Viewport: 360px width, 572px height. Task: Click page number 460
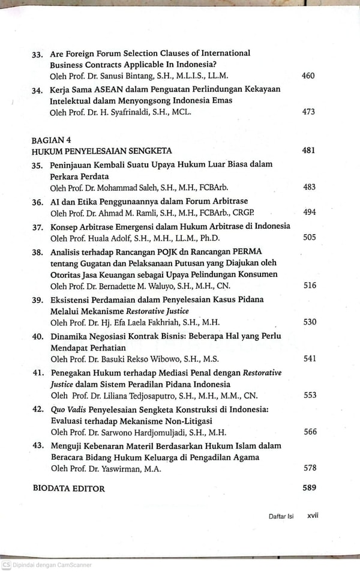[x=308, y=76]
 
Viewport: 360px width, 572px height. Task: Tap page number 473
[x=308, y=112]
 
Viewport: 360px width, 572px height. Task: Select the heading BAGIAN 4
[x=52, y=140]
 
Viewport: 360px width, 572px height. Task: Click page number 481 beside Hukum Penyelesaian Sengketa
[x=308, y=151]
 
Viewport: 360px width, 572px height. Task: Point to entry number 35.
[x=37, y=165]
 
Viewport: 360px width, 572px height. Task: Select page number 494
[x=309, y=212]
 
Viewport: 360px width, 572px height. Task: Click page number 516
[x=309, y=286]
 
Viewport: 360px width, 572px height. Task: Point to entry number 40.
[x=37, y=336]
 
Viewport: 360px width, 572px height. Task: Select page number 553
[x=310, y=395]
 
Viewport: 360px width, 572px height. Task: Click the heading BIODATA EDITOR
[x=68, y=489]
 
